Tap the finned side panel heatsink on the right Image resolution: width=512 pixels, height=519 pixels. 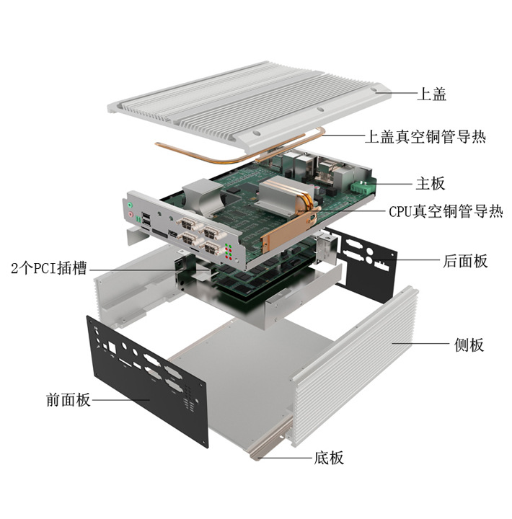click(x=353, y=368)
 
